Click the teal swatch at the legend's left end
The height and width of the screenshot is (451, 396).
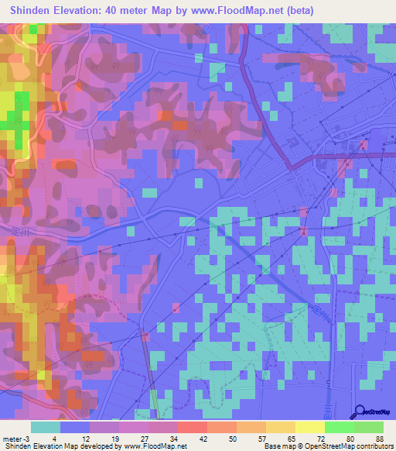pyautogui.click(x=46, y=427)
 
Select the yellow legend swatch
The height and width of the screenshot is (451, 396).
pyautogui.click(x=309, y=427)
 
